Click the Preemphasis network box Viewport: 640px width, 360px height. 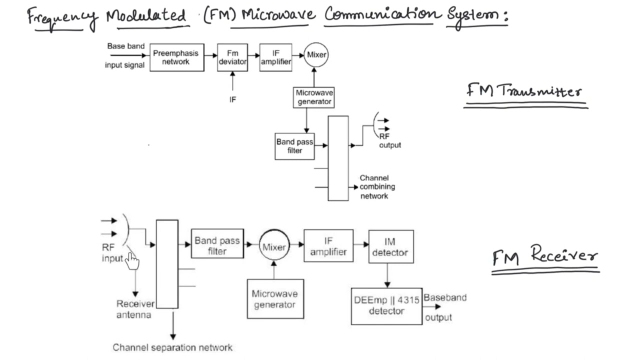[x=176, y=57]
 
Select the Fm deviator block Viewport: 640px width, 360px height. [x=232, y=57]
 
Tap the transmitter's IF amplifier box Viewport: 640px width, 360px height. [x=275, y=57]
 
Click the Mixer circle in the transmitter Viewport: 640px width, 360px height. [x=316, y=55]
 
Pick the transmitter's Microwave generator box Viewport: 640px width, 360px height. [x=314, y=97]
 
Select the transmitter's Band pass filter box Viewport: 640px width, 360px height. [x=294, y=146]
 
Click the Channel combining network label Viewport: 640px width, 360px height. [x=377, y=187]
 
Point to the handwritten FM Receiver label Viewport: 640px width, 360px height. [x=545, y=256]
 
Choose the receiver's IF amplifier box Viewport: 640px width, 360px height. [x=328, y=245]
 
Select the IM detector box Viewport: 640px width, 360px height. [x=390, y=247]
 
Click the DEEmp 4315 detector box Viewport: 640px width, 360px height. [x=386, y=306]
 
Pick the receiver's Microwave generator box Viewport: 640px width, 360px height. [x=275, y=299]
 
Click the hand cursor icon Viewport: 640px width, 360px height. [x=131, y=260]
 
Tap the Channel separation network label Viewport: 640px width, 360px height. [x=172, y=347]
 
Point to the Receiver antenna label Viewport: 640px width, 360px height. [x=134, y=309]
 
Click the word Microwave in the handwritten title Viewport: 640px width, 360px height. [x=278, y=15]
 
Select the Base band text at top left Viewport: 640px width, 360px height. [x=125, y=46]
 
